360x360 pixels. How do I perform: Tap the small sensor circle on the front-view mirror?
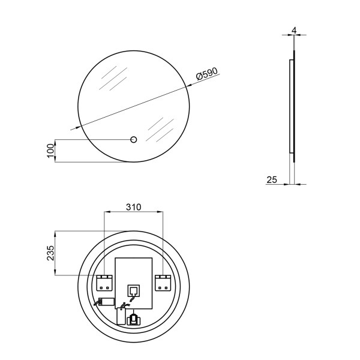coord(133,140)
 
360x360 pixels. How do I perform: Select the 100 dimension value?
coord(50,151)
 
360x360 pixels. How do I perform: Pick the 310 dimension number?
coord(133,207)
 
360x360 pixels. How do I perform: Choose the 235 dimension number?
coord(50,253)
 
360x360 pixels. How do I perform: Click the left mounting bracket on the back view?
coord(104,283)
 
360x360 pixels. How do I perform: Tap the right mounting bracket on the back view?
coord(163,283)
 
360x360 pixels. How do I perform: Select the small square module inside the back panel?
coord(133,291)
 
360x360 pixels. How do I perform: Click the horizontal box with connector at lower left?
coord(106,302)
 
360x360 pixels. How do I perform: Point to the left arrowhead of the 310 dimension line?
coord(107,211)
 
